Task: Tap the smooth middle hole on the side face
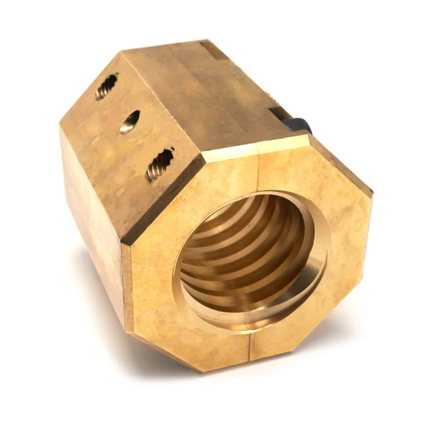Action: point(130,121)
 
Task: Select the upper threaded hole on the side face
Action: point(106,87)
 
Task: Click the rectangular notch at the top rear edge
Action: point(214,49)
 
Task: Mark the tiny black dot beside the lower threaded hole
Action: point(173,148)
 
